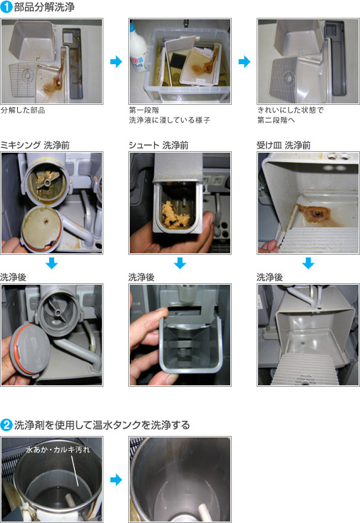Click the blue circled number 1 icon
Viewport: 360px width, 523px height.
6,7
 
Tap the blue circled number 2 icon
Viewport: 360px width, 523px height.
6,425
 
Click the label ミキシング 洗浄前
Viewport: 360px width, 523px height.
34,145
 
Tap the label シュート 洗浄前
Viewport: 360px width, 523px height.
158,145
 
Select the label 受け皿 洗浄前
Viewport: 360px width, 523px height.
283,145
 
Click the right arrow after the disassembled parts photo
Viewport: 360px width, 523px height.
115,63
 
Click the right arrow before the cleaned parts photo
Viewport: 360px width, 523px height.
245,63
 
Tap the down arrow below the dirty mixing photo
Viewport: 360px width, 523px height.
51,263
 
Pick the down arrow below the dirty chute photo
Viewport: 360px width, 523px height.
180,263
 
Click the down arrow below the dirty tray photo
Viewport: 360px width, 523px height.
308,263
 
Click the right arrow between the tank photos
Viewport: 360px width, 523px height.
115,479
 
